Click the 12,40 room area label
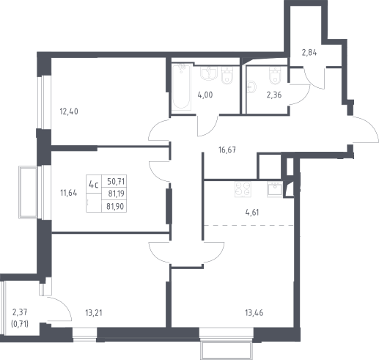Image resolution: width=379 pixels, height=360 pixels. (x=69, y=111)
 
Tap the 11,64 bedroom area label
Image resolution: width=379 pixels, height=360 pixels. (x=69, y=193)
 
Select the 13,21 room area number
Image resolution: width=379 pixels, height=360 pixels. (x=94, y=313)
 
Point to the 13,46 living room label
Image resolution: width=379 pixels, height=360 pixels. (x=254, y=313)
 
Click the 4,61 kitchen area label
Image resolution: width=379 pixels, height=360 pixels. (x=252, y=213)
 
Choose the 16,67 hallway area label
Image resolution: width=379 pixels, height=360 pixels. (x=227, y=150)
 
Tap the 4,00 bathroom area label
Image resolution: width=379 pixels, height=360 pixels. (x=205, y=95)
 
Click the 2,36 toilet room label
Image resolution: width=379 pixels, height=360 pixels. (x=274, y=95)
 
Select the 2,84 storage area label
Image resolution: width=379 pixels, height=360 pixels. (x=309, y=53)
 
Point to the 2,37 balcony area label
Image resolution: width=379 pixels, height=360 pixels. (x=20, y=312)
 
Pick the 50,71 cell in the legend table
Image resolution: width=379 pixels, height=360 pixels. (x=116, y=182)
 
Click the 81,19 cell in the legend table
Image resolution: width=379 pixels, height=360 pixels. (x=117, y=194)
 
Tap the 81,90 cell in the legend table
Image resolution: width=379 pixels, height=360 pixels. (x=115, y=207)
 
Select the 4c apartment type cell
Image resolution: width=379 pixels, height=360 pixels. (x=94, y=185)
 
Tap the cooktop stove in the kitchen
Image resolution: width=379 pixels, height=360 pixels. (x=243, y=189)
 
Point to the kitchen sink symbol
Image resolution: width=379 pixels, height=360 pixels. (x=275, y=189)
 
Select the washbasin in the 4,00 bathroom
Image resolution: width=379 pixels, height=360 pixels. (x=209, y=73)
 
